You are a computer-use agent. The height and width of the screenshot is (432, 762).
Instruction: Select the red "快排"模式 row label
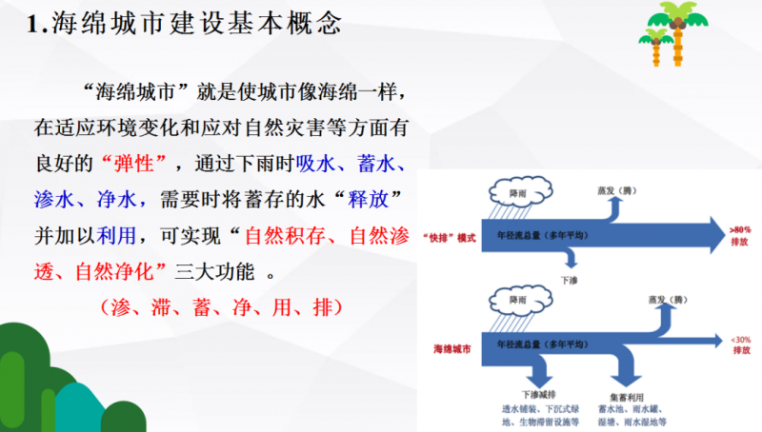tap(448, 235)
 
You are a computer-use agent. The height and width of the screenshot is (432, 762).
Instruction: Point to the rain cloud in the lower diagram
tap(519, 302)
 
